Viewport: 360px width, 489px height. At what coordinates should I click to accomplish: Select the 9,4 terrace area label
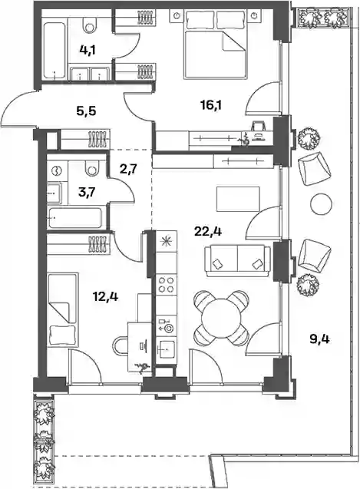point(320,339)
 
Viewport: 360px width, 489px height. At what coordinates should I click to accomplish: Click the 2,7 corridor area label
point(128,170)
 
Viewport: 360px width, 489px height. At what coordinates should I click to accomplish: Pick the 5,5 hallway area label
point(86,111)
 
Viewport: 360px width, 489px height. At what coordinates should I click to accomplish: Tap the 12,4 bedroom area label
point(105,296)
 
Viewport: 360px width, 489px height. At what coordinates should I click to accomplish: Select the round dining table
point(221,317)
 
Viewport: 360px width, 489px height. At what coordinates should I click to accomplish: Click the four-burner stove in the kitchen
point(167,284)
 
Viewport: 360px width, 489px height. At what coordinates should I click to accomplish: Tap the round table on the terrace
point(321,203)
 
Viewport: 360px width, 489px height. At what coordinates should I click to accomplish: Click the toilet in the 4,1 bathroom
point(91,24)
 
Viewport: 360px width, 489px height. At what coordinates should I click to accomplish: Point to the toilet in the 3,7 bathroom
point(91,168)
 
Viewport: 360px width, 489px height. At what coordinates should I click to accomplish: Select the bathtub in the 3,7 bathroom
point(74,218)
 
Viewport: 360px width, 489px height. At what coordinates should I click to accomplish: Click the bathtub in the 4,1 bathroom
point(55,51)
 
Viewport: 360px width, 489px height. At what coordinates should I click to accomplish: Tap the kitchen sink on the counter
point(167,349)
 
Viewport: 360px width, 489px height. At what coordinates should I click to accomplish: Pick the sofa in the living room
point(238,260)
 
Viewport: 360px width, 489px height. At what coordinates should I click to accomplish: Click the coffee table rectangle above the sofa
point(238,199)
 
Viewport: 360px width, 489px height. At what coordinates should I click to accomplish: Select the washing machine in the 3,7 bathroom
point(57,171)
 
